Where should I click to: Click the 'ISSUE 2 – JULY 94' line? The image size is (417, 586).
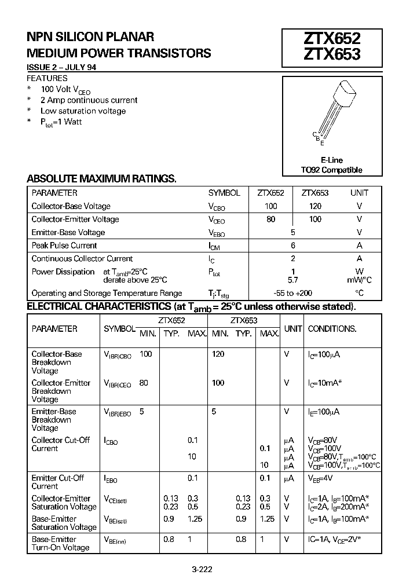(61, 67)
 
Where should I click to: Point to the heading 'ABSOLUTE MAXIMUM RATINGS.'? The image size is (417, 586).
(102, 178)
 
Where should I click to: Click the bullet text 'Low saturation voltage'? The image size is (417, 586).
(83, 111)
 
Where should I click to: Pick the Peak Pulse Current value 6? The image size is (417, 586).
(293, 246)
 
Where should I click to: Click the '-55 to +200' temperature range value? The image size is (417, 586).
(294, 293)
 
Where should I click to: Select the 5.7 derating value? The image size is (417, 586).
(293, 280)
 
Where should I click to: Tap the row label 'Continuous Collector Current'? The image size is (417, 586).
(82, 259)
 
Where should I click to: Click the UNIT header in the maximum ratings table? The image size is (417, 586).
(359, 193)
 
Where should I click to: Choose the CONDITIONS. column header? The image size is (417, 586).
(332, 328)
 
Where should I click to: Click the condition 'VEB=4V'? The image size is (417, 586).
(320, 478)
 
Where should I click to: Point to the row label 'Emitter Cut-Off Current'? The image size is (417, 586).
(58, 482)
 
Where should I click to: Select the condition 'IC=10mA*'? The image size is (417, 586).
(325, 383)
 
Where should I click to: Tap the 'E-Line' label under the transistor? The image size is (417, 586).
(331, 160)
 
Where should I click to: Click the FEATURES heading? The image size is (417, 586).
(47, 78)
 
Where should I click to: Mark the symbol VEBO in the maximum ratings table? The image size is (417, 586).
(217, 233)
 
